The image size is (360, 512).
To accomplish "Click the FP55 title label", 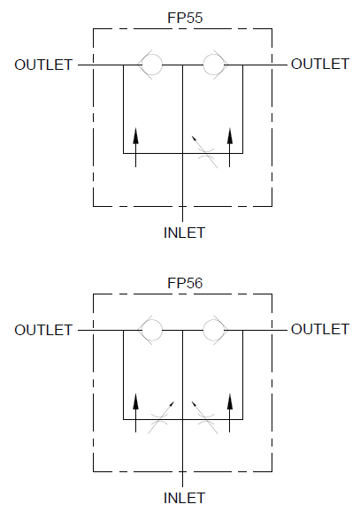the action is click(185, 18).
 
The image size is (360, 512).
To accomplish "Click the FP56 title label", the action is click(185, 283).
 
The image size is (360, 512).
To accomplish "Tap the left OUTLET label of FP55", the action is click(43, 65).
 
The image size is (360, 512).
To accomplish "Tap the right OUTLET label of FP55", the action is click(320, 64).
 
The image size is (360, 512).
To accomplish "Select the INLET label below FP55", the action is click(184, 233).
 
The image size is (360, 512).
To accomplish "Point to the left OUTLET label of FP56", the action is click(43, 330).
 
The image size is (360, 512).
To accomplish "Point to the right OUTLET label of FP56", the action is click(320, 329).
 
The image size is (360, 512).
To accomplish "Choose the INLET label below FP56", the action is click(184, 498).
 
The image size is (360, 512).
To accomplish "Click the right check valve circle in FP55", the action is click(213, 55).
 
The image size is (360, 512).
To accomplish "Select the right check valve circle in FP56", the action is click(213, 320).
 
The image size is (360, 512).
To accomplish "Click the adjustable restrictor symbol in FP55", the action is click(205, 153).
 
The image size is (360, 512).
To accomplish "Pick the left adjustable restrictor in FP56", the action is click(160, 418).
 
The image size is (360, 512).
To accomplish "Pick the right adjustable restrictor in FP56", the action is click(205, 418).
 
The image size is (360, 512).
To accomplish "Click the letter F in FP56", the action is click(172, 283).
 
